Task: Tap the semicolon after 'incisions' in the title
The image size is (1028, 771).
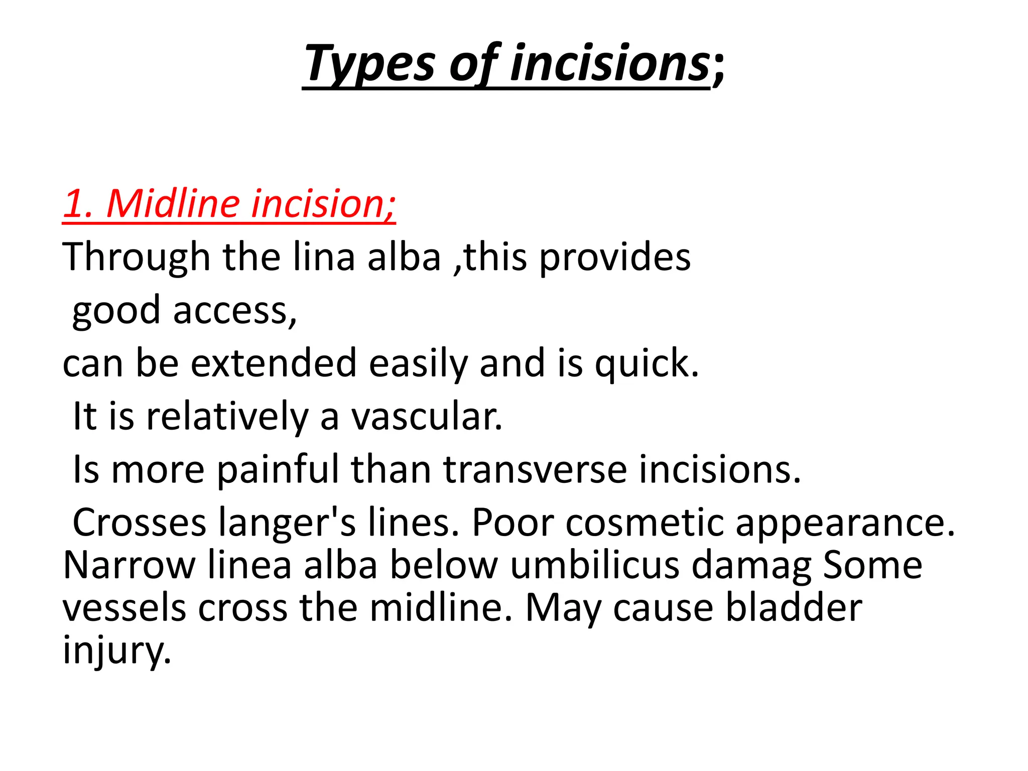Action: (719, 68)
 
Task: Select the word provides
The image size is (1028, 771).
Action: (615, 258)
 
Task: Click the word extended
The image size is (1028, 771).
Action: (274, 363)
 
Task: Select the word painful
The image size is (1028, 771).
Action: (279, 470)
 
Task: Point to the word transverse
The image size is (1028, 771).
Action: (535, 470)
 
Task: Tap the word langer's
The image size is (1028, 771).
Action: (287, 523)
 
